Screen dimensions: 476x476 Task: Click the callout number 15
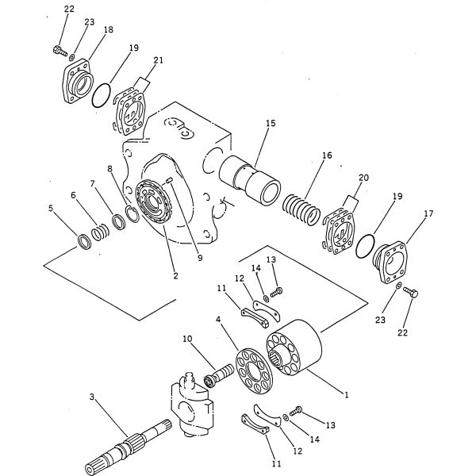(x=271, y=123)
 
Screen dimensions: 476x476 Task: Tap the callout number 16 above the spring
(x=327, y=155)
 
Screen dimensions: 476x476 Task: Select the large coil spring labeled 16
(x=301, y=209)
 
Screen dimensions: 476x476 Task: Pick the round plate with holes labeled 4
(x=254, y=371)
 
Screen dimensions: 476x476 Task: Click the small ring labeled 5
(x=84, y=242)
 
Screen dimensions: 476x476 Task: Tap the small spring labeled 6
(x=101, y=232)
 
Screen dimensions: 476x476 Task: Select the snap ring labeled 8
(x=132, y=214)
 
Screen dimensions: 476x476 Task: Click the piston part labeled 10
(x=219, y=375)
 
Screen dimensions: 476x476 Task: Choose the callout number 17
(x=428, y=213)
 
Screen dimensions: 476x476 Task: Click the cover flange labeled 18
(x=78, y=82)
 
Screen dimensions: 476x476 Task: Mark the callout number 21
(x=158, y=60)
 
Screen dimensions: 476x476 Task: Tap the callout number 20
(x=363, y=177)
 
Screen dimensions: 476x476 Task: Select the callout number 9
(x=200, y=258)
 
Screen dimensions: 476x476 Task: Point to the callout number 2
(x=175, y=276)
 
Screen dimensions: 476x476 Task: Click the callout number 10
(x=187, y=339)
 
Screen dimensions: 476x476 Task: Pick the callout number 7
(x=92, y=184)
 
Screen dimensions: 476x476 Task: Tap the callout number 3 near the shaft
(x=92, y=397)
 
